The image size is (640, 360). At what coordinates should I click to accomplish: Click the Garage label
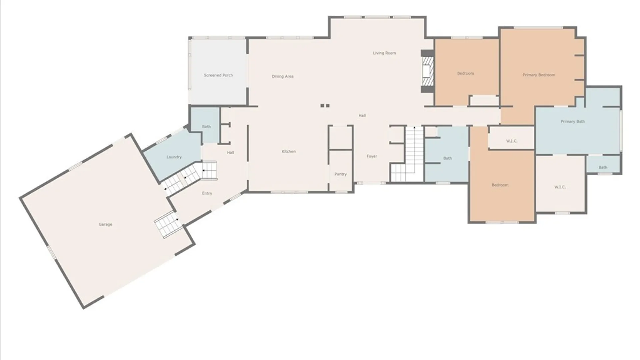pyautogui.click(x=105, y=224)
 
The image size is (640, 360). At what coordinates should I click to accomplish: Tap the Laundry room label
pyautogui.click(x=174, y=157)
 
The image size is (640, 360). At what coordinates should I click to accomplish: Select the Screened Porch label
pyautogui.click(x=218, y=75)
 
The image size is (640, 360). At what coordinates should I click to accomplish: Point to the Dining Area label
pyautogui.click(x=283, y=76)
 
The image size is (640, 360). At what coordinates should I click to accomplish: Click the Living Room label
pyautogui.click(x=384, y=53)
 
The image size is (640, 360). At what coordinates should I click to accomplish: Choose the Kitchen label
pyautogui.click(x=289, y=151)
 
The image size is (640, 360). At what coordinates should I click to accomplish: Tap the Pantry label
pyautogui.click(x=341, y=174)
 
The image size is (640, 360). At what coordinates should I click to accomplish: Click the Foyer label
pyautogui.click(x=372, y=156)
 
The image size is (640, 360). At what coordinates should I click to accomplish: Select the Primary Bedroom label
pyautogui.click(x=539, y=75)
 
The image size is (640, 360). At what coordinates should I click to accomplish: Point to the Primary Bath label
pyautogui.click(x=573, y=122)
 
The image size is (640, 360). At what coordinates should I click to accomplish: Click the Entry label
pyautogui.click(x=207, y=193)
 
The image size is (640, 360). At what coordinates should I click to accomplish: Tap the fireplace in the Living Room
pyautogui.click(x=427, y=71)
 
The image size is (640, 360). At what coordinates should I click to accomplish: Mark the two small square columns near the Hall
pyautogui.click(x=325, y=106)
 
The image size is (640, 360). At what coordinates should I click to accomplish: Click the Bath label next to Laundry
pyautogui.click(x=206, y=127)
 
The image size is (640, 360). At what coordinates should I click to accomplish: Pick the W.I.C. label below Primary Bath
pyautogui.click(x=560, y=187)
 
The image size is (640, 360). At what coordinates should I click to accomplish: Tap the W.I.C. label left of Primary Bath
pyautogui.click(x=512, y=141)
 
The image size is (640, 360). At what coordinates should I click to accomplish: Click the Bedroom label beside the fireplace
pyautogui.click(x=466, y=73)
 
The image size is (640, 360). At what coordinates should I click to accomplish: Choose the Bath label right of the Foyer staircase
pyautogui.click(x=448, y=158)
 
